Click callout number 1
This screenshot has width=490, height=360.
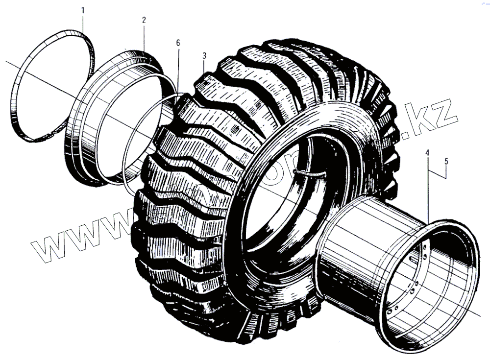83,10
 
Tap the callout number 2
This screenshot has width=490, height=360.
144,21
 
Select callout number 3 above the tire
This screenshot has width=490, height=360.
204,55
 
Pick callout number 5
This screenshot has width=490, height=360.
446,160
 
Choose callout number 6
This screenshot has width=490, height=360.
178,43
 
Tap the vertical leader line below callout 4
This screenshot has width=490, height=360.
428,191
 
